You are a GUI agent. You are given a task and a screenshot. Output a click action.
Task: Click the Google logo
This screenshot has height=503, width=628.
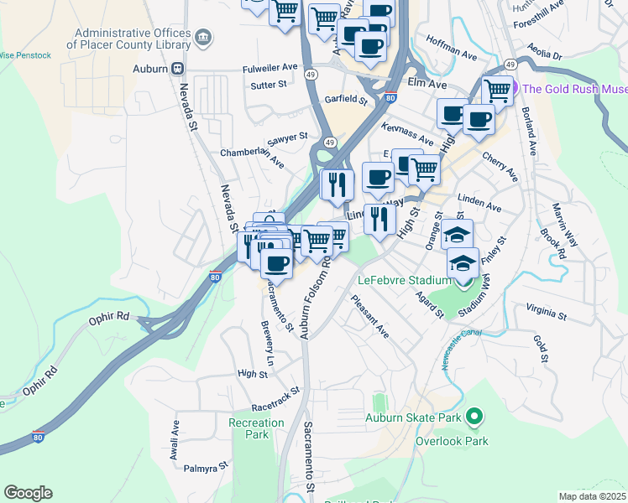(28, 493)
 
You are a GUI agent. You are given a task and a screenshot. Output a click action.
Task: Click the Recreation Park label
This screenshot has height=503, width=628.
(256, 428)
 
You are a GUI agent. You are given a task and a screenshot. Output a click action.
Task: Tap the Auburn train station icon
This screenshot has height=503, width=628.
(177, 68)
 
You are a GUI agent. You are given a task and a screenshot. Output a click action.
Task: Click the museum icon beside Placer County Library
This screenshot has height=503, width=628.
(203, 38)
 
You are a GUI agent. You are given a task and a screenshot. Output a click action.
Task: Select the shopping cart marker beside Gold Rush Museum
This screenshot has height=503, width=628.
(497, 89)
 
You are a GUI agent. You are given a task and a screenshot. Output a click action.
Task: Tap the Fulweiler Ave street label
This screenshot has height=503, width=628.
(270, 66)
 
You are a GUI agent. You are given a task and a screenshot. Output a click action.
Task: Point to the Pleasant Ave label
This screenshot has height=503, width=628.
(370, 316)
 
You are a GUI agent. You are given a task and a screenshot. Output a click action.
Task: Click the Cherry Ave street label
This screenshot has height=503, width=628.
(500, 166)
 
